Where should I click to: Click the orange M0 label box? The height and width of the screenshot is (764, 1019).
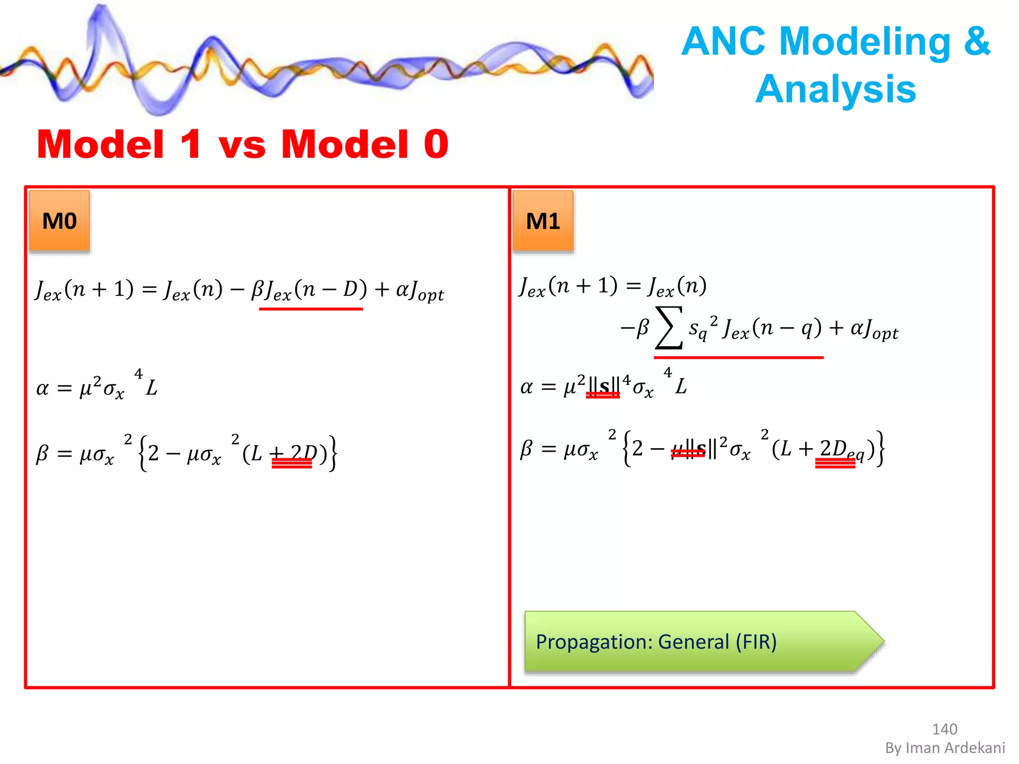pos(60,221)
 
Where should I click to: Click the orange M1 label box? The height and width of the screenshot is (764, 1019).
pos(543,221)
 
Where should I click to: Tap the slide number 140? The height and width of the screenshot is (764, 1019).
pos(944,729)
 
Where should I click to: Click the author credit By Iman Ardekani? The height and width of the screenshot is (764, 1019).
pos(945,748)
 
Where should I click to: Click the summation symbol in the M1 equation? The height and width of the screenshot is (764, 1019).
pos(669,328)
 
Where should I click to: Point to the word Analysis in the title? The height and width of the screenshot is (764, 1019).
pos(835,89)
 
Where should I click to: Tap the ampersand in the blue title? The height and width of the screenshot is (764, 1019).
pos(977,41)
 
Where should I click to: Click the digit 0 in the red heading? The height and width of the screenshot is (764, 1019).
pos(436,144)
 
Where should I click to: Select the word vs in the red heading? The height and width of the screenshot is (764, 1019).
pos(242,145)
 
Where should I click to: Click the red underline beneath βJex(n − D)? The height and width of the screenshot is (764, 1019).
pos(310,309)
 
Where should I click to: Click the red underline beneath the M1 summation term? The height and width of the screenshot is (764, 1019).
pos(738,358)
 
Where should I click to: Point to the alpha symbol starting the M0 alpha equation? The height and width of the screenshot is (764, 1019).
pos(43,388)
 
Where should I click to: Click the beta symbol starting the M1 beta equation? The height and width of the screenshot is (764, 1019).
pos(526,449)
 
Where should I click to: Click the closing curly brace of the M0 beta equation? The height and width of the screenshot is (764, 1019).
pos(332,453)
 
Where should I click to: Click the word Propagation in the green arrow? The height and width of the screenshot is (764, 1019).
pos(593,642)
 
